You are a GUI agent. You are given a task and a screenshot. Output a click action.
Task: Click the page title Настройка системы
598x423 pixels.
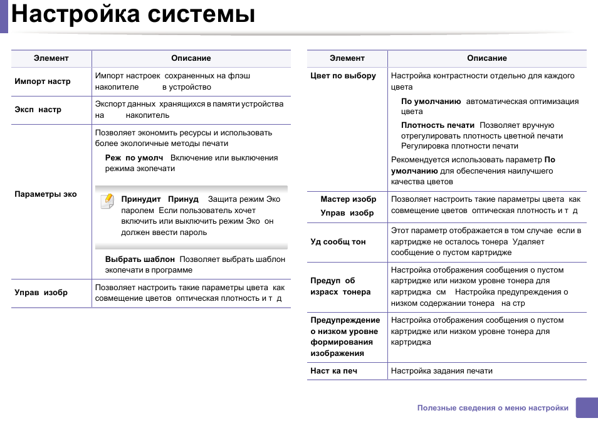pos(133,14)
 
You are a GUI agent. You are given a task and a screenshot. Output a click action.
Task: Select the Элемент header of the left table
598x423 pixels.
pos(51,58)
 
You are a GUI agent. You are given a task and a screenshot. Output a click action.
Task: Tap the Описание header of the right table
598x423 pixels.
pos(486,58)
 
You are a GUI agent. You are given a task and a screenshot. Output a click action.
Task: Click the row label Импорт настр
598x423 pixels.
pos(42,81)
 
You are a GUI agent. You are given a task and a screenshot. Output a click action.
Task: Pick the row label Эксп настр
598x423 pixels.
pos(38,110)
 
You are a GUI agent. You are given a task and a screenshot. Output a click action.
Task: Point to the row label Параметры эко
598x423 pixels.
pos(45,194)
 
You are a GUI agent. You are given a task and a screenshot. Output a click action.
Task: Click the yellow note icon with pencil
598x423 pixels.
pos(108,201)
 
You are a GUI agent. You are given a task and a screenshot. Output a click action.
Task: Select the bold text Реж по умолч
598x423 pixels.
pos(134,158)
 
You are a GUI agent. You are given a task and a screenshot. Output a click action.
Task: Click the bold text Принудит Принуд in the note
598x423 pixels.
pos(159,199)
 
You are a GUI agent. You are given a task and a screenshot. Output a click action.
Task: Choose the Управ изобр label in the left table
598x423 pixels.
pos(41,293)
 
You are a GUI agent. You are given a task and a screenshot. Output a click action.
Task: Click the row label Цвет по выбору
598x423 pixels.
pos(343,76)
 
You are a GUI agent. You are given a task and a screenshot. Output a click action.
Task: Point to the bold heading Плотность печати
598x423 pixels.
pos(438,125)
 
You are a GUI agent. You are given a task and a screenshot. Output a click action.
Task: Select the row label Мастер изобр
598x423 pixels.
pos(348,199)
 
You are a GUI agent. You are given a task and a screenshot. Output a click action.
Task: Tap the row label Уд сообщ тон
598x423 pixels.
pos(338,242)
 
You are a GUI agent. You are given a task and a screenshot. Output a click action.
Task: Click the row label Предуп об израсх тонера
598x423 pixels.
pos(340,286)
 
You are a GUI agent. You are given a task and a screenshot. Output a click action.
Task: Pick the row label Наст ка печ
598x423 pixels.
pos(333,371)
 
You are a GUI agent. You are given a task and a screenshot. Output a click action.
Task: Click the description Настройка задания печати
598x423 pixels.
pos(441,371)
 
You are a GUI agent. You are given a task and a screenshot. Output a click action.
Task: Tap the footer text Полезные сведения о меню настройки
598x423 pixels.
pos(493,408)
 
